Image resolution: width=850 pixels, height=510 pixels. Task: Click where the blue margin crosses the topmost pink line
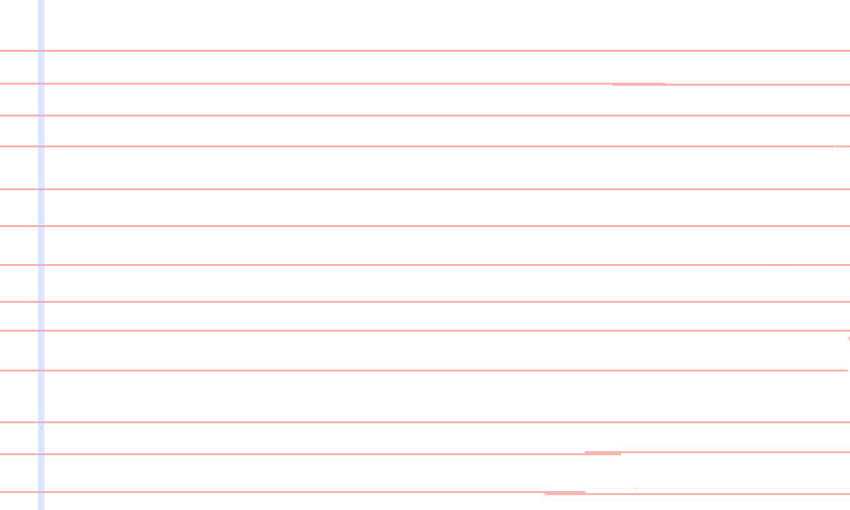pos(41,50)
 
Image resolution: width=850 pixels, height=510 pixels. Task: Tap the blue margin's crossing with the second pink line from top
pos(41,84)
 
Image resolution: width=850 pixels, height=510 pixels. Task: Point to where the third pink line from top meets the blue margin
pos(41,116)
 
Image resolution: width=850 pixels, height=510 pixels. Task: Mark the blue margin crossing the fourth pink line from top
pos(41,146)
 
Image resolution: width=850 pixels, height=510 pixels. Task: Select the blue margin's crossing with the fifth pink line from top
pos(41,188)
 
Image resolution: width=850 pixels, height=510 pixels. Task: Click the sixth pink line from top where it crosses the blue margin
pos(41,226)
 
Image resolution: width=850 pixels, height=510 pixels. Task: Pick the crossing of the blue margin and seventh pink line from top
pos(41,265)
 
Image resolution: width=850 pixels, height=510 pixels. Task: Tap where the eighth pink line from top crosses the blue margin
pos(41,301)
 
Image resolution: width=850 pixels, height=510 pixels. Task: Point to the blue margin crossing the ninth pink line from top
pos(41,331)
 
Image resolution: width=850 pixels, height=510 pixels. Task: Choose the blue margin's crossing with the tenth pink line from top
pos(41,371)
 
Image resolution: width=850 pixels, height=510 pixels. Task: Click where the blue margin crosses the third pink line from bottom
pos(41,422)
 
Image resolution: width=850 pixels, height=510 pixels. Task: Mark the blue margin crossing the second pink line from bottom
pos(41,453)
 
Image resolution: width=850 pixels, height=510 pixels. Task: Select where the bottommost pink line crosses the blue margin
pos(41,492)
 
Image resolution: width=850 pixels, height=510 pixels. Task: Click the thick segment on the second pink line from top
pos(638,84)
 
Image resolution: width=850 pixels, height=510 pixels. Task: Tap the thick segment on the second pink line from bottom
pos(602,453)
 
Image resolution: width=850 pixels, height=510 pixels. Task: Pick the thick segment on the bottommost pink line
pos(564,492)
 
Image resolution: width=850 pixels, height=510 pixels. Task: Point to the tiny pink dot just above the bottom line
pos(635,487)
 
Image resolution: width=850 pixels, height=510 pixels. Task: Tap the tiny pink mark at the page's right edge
pos(848,339)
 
